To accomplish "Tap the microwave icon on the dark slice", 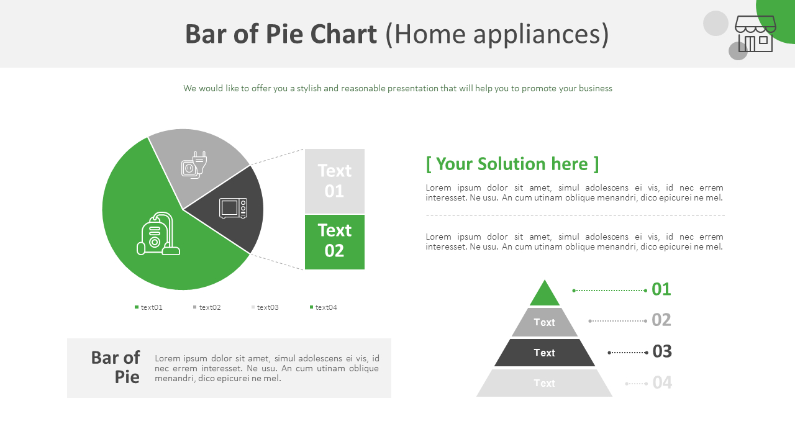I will (x=233, y=208).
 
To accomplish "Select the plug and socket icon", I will (x=194, y=165).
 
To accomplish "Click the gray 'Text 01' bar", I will (x=334, y=181).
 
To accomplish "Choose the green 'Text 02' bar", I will (x=334, y=241).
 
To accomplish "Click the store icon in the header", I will (x=755, y=34).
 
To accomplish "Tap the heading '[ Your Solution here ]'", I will (x=512, y=164).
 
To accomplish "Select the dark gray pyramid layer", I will (x=545, y=353).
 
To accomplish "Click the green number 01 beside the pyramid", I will (x=661, y=289).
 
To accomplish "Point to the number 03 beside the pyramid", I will (x=662, y=351).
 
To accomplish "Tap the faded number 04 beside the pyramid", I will (x=662, y=382).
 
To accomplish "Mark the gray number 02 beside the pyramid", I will (x=661, y=320).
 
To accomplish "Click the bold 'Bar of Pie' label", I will (x=116, y=367).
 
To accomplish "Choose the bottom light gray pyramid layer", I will (x=545, y=383).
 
